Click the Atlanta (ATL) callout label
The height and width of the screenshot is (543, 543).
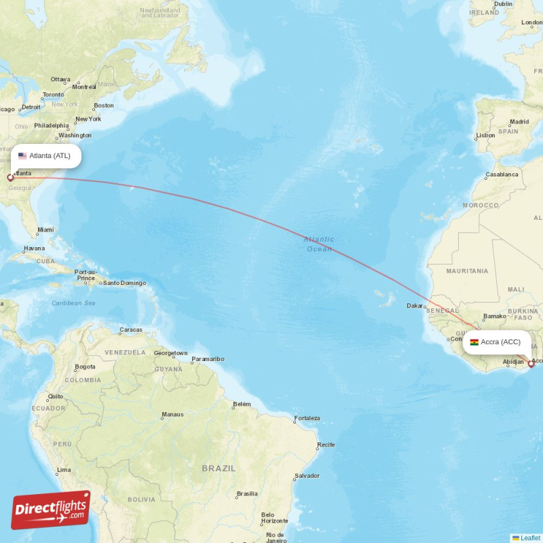coord(45,155)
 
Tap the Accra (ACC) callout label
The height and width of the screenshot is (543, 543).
coord(497,342)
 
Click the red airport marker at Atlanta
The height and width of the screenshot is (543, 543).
coord(10,178)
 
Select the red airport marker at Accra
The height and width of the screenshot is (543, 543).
coord(531,364)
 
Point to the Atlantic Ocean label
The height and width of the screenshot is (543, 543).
coord(318,244)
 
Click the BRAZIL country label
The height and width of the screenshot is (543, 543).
coord(219,468)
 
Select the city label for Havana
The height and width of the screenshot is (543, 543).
coord(35,248)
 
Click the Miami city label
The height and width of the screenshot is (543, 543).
coord(45,230)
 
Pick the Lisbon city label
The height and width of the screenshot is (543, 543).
coord(485,135)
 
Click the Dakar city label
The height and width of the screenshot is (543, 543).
coord(415,305)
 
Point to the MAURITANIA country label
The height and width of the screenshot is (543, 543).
coord(467,271)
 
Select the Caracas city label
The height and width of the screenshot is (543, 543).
coord(130,330)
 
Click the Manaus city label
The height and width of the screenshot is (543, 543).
coord(172,414)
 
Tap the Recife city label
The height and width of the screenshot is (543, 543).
coord(326,445)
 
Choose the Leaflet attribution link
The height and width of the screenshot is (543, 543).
coord(530,538)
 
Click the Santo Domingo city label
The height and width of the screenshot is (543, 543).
coord(124,282)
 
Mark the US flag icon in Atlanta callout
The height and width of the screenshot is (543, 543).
coord(22,155)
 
